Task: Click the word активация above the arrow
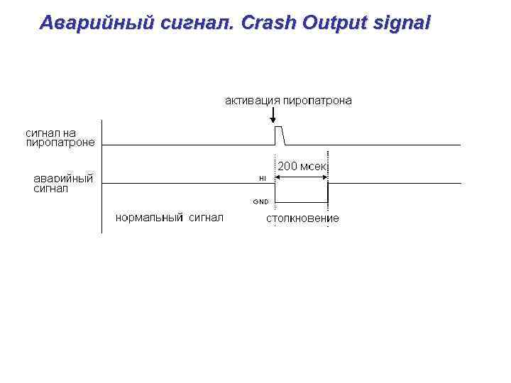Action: [253, 101]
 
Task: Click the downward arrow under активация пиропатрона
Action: [273, 116]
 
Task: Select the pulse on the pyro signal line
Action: [279, 135]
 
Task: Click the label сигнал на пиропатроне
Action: [60, 137]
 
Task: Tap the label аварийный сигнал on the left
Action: [63, 183]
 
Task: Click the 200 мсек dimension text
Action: [302, 166]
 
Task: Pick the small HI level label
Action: [262, 178]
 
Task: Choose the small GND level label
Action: [260, 201]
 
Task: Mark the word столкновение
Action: [302, 218]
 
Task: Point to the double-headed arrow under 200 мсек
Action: [301, 176]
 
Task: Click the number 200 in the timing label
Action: [287, 166]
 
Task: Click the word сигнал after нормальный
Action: [206, 217]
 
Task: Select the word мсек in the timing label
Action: [313, 166]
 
